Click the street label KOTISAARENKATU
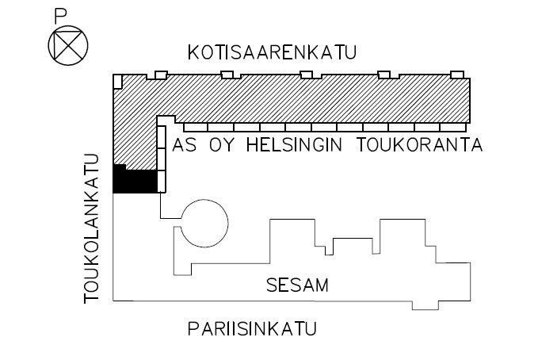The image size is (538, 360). coord(272,52)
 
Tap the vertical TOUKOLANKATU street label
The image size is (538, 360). coord(91,229)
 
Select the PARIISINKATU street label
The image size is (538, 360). coord(252,329)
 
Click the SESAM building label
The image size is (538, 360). coord(297,285)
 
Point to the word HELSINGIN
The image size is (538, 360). coord(295,145)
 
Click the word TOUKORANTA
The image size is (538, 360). coord(420,145)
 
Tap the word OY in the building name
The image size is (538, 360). coord(221,145)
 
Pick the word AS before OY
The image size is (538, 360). coord(185,145)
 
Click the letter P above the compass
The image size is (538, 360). coord(60,17)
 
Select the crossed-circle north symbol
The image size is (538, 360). coord(68,45)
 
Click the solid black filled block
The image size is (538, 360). coord(135,179)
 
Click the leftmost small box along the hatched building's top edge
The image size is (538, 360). coord(161,75)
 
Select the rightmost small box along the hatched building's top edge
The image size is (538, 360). coord(457,75)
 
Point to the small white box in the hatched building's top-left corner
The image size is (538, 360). coord(118,82)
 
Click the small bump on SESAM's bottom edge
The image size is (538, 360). coord(425,305)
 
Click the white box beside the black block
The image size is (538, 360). coord(162,182)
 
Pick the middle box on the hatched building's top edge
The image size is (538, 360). coord(306,75)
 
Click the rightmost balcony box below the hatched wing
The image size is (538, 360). coord(453,128)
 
